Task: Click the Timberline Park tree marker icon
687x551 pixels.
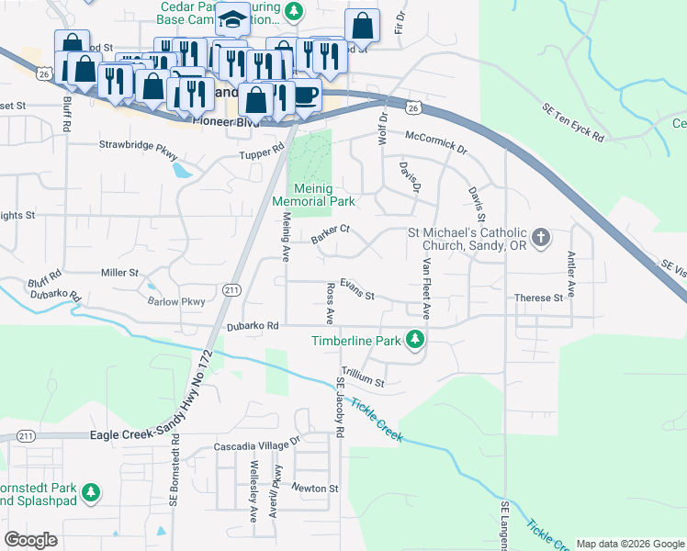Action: (415, 341)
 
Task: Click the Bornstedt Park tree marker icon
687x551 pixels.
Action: (91, 493)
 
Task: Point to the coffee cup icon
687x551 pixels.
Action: (306, 94)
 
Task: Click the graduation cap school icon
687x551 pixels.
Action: (233, 19)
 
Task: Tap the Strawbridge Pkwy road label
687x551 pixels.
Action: (137, 144)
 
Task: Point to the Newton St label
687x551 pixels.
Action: (315, 488)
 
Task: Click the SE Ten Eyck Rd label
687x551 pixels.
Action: (572, 135)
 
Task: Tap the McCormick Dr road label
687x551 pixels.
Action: (437, 141)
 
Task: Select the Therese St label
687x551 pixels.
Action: (538, 298)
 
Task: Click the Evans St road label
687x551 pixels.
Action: (357, 290)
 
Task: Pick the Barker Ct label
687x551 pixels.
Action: (331, 236)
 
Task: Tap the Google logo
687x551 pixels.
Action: (31, 540)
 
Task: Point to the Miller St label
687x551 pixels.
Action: (119, 273)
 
